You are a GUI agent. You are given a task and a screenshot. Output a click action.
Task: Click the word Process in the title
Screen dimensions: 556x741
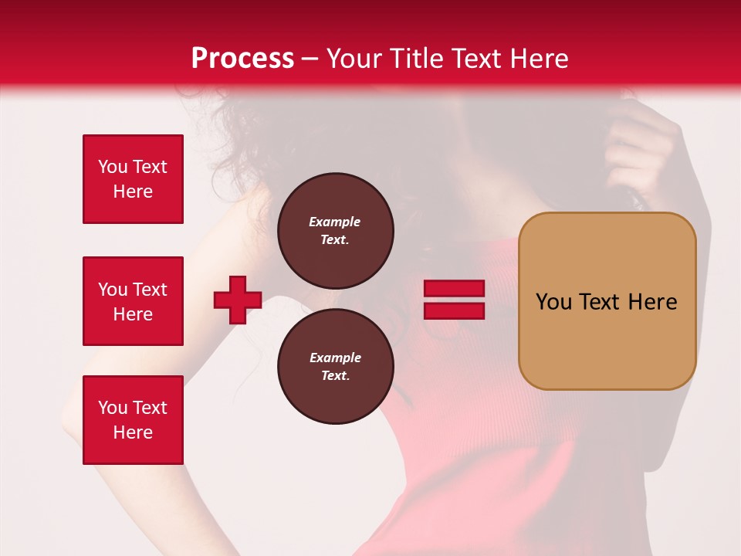242,59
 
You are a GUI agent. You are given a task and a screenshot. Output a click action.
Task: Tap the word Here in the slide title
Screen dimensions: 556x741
538,59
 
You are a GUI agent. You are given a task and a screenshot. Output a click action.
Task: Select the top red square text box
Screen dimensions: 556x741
133,179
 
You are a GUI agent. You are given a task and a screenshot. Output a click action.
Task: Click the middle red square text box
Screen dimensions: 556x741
133,301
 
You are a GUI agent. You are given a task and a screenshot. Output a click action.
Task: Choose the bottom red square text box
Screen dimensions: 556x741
133,420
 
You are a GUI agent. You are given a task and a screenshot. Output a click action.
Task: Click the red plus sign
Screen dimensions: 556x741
238,300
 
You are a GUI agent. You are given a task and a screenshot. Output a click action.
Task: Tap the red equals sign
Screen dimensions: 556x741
455,300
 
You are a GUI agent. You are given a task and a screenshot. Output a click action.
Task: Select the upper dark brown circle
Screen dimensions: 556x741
336,230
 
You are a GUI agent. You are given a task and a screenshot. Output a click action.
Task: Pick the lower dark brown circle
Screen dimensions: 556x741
336,367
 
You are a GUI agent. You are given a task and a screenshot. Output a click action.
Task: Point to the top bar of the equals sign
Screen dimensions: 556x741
455,289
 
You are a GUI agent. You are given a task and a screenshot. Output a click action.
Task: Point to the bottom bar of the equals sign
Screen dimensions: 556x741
455,310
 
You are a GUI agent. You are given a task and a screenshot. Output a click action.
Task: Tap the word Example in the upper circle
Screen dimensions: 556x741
334,222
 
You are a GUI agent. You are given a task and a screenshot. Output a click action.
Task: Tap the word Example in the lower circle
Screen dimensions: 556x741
335,358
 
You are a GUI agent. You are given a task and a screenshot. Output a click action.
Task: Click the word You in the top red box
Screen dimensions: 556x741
113,167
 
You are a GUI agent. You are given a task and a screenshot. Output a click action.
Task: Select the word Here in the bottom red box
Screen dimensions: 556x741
133,432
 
